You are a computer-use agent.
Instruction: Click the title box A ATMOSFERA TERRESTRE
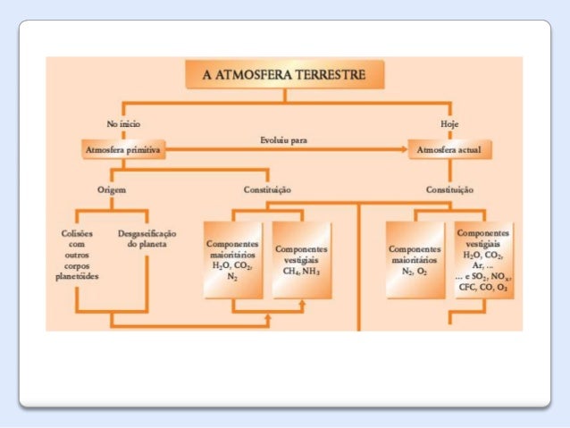282,74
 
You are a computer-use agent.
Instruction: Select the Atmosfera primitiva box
122,150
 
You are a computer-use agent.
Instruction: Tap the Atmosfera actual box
448,150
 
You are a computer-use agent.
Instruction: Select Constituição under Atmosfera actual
449,190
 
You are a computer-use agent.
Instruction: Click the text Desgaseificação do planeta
147,238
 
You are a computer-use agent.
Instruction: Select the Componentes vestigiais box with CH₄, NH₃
302,260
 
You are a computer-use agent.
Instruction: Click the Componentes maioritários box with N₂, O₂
415,260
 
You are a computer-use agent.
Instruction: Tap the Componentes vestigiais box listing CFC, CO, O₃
484,260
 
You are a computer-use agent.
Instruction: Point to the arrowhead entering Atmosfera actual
403,150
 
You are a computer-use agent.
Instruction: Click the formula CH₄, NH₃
302,271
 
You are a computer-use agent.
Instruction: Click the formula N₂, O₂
415,272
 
